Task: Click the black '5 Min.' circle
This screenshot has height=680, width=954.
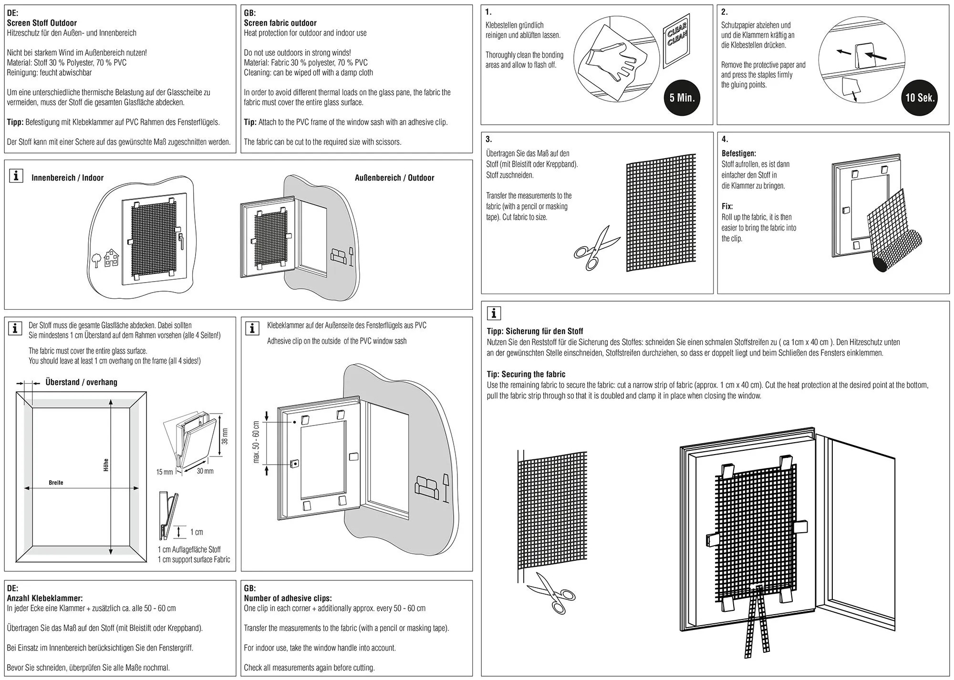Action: click(x=682, y=98)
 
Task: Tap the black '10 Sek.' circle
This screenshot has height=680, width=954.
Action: click(x=919, y=98)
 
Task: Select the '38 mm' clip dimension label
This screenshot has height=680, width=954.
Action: click(x=225, y=436)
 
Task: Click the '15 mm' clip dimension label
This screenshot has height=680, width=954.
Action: click(x=165, y=472)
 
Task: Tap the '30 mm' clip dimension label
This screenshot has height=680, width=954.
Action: click(x=205, y=471)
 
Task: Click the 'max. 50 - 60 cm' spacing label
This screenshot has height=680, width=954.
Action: click(x=256, y=442)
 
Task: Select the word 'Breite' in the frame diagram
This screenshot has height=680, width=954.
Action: click(x=56, y=483)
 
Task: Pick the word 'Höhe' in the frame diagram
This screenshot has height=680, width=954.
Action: click(x=106, y=465)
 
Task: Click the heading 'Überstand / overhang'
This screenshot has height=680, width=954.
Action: click(x=81, y=382)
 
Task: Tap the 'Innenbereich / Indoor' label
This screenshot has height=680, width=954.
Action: click(x=67, y=178)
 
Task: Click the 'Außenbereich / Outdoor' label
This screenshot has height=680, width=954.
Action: click(x=394, y=178)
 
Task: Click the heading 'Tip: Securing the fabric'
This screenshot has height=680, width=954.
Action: click(x=526, y=374)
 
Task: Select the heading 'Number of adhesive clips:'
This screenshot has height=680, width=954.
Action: click(x=288, y=598)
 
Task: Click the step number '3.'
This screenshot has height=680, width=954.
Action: click(x=488, y=139)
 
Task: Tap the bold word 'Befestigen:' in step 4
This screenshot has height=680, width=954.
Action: click(x=738, y=153)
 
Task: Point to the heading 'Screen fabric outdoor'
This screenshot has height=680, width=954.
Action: click(x=280, y=23)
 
